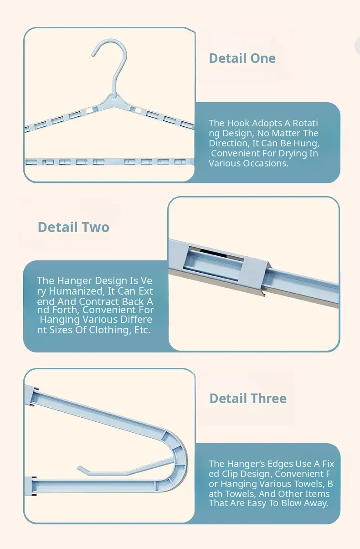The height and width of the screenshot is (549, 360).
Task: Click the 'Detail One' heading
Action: coord(242,58)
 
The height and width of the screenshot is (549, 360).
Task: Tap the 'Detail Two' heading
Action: coord(73,227)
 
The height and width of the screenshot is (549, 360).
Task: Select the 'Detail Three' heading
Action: coord(248,398)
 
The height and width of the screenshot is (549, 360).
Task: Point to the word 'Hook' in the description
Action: coord(238,123)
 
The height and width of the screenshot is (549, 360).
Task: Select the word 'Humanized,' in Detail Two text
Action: coord(77,291)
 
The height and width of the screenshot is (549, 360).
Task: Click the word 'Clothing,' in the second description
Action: coord(109,330)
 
